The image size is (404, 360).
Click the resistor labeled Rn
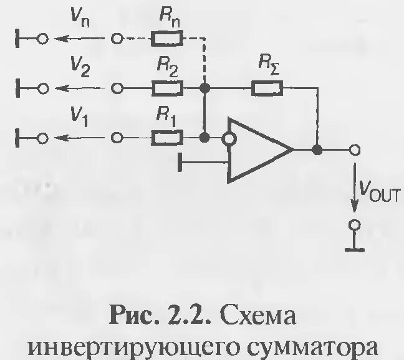(166, 39)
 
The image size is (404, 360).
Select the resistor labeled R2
(166, 88)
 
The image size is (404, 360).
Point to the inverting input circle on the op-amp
(230, 138)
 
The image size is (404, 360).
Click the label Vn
(80, 23)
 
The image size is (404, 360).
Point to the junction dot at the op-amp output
(317, 150)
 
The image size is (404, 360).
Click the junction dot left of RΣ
(203, 88)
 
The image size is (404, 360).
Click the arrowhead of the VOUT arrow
(355, 209)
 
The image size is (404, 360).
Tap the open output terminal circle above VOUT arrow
(355, 150)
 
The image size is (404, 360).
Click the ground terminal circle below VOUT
(355, 225)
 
